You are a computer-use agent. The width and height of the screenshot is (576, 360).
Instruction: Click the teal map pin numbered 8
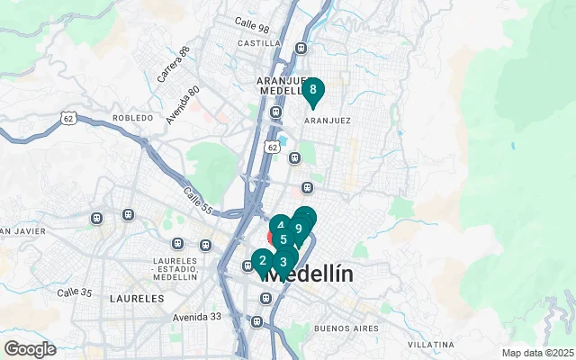point(313,90)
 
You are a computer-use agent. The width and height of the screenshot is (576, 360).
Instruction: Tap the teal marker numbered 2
point(262,262)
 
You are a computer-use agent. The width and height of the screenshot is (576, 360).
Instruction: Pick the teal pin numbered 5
point(283,239)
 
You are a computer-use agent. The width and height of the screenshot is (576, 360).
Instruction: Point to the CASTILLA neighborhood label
point(260,42)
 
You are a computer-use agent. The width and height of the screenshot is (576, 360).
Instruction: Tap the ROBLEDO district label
point(133,118)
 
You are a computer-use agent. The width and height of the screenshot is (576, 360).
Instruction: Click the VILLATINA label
point(429,345)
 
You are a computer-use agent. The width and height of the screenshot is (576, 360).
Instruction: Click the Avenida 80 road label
point(183,106)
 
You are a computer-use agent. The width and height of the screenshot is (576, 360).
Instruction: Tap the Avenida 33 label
point(197,316)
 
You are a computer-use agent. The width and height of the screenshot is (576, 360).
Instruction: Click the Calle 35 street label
point(75,292)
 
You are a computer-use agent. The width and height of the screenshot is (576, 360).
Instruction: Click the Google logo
point(30,349)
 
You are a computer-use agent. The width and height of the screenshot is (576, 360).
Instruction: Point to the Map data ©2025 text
point(537,353)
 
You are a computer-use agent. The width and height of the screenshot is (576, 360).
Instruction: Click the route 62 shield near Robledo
point(67,117)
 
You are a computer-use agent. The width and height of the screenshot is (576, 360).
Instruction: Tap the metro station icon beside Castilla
point(301,48)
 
